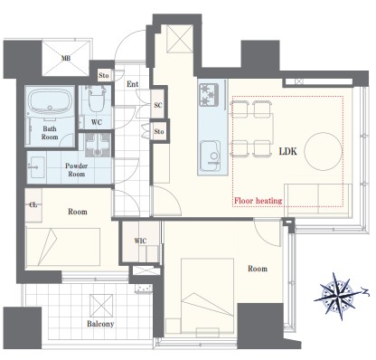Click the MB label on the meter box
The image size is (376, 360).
point(66,58)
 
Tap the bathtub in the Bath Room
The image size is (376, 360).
point(51,100)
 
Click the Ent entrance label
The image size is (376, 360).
point(133,84)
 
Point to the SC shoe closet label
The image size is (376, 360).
point(158,105)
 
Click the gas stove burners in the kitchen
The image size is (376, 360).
point(209,94)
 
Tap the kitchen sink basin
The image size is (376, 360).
point(211,156)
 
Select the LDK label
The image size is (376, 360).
point(287,151)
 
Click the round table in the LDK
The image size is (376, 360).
point(324,152)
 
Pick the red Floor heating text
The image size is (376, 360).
point(258,201)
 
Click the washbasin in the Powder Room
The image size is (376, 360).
point(37,166)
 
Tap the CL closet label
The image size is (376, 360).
point(33,204)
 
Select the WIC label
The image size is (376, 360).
point(140,241)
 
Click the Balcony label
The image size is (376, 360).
point(100,324)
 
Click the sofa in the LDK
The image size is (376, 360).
point(318,200)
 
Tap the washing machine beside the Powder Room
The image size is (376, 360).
point(98,145)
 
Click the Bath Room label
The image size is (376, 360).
point(50,133)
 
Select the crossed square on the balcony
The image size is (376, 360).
point(101,306)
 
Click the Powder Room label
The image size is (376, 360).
point(77,170)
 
